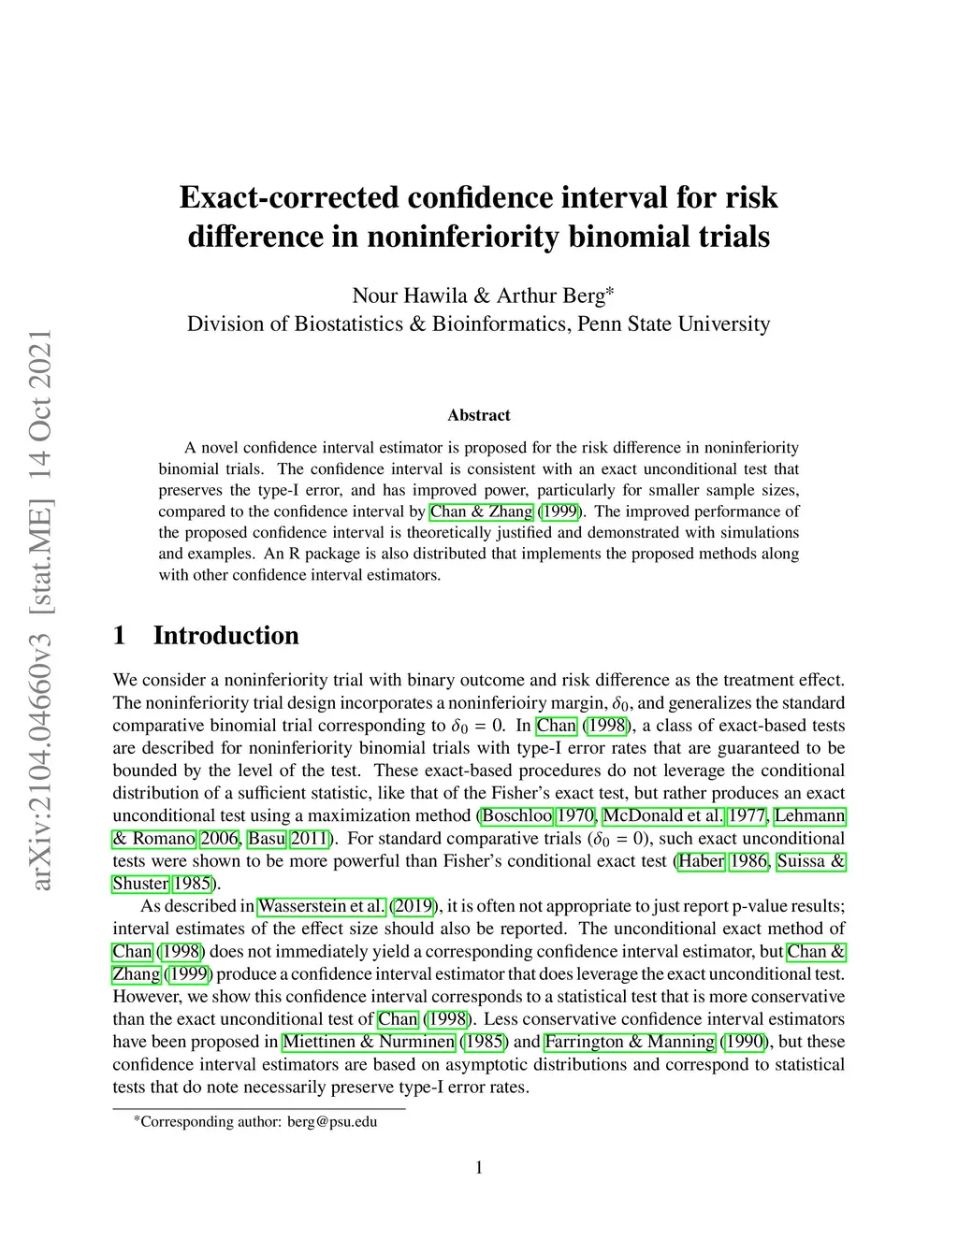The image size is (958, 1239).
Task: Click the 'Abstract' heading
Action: tap(479, 415)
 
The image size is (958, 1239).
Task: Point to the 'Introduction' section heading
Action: tap(226, 636)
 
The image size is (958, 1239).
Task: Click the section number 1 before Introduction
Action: tap(119, 636)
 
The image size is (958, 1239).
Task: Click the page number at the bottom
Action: tap(479, 1167)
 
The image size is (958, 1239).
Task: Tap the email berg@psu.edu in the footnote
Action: tap(332, 1121)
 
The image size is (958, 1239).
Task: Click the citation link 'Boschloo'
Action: tap(516, 815)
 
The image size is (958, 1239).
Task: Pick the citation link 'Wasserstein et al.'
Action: tap(321, 906)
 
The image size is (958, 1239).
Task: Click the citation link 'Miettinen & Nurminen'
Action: tap(369, 1042)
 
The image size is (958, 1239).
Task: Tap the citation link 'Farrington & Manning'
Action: tap(630, 1042)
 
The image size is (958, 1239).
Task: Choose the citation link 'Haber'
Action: tap(701, 861)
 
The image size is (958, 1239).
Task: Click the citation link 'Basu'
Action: tap(267, 839)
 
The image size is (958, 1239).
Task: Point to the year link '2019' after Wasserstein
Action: tap(413, 906)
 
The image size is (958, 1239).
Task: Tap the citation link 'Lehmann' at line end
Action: tap(810, 815)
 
